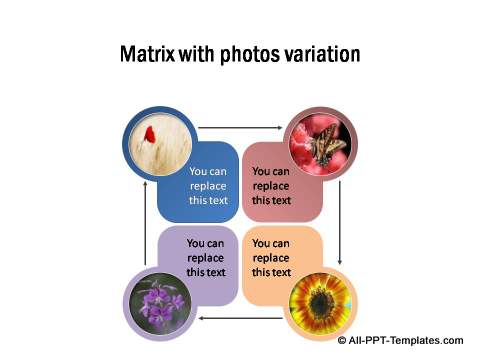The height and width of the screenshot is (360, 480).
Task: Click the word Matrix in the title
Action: (x=146, y=54)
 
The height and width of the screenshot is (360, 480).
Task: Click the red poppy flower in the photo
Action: (x=150, y=134)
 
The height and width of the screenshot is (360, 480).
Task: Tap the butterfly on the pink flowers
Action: (x=327, y=147)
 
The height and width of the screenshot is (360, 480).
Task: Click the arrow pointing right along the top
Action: (x=240, y=128)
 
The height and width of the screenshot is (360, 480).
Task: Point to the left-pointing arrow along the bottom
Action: (x=240, y=318)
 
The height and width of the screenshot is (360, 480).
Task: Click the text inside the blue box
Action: (x=208, y=185)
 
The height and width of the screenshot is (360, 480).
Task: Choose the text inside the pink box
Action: (x=271, y=185)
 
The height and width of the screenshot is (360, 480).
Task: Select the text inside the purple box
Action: (x=205, y=257)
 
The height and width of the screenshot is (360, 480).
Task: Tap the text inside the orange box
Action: (x=270, y=257)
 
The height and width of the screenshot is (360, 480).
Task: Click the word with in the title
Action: (x=192, y=54)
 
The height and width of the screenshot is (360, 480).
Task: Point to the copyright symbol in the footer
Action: (x=342, y=341)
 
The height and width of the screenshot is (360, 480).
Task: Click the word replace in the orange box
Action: (x=270, y=257)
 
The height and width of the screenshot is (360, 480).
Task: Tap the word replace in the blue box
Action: (x=208, y=185)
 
